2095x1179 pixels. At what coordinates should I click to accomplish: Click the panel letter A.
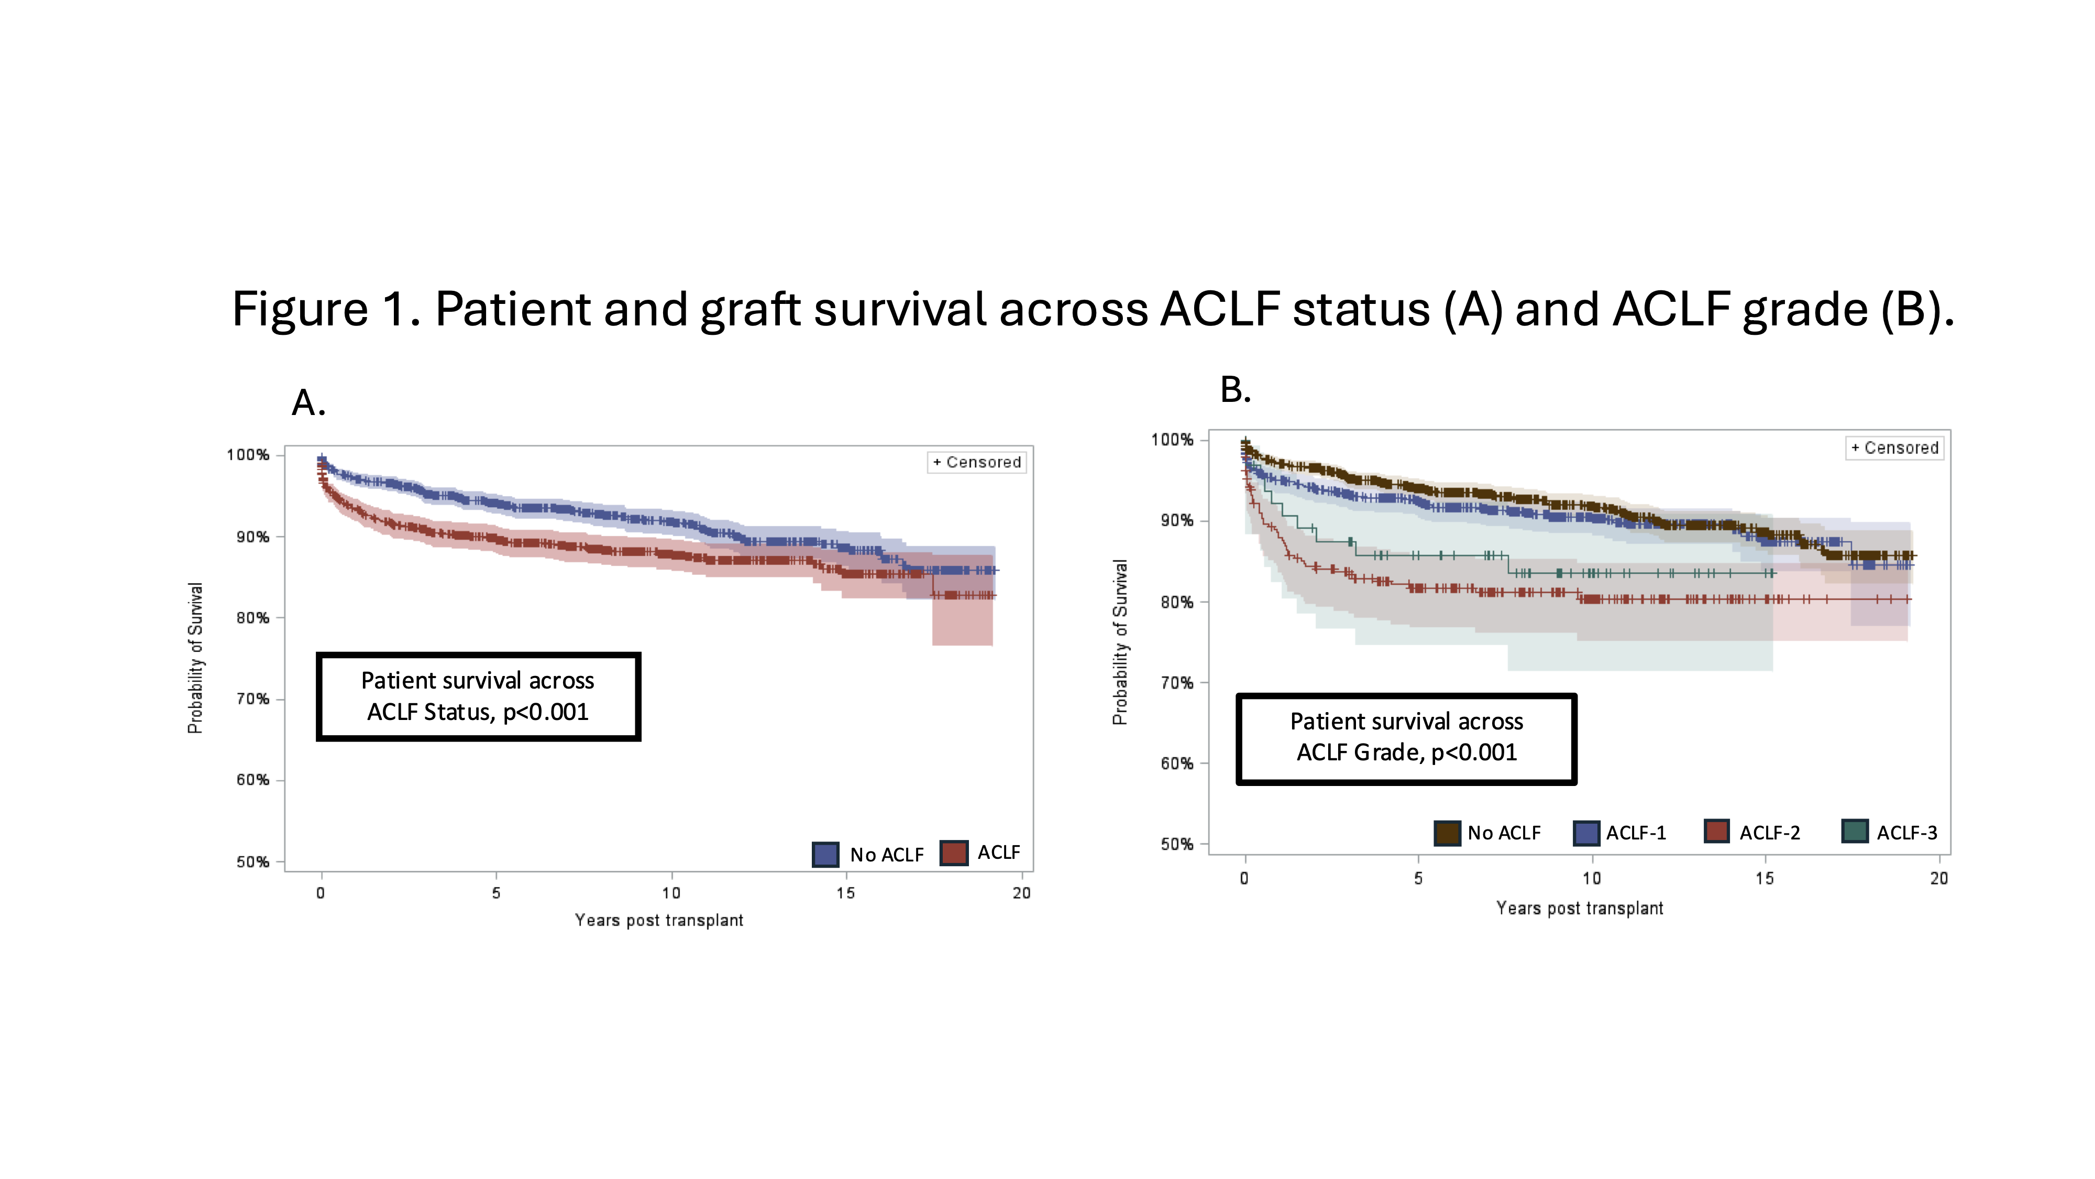tap(308, 403)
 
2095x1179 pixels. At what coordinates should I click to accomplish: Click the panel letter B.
tap(1234, 390)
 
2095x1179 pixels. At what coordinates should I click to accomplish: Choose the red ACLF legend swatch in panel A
tap(954, 853)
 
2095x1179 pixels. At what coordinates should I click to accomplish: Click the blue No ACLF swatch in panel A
tap(825, 854)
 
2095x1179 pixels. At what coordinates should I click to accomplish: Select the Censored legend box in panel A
tap(977, 462)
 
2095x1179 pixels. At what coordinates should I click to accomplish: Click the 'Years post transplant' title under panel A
tap(659, 920)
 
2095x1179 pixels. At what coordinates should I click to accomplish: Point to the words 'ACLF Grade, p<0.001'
tap(1406, 752)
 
